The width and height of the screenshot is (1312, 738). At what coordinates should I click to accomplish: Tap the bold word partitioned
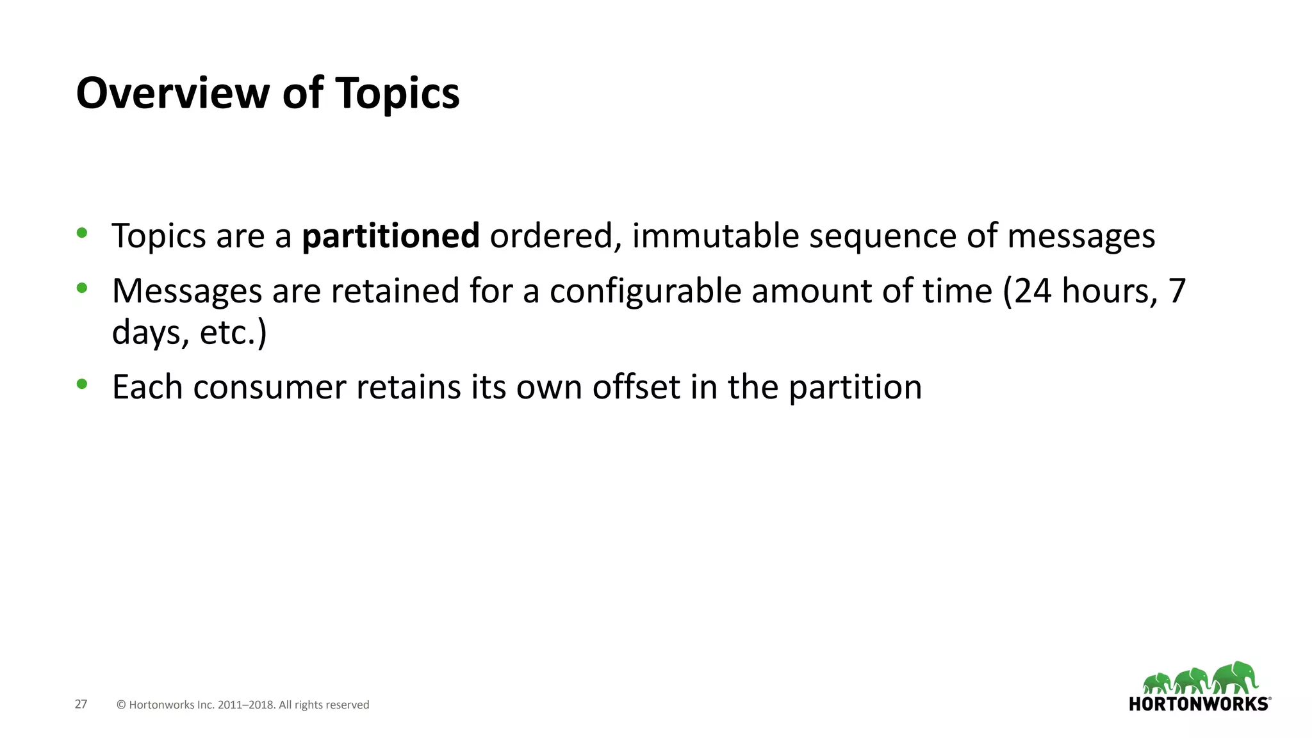391,236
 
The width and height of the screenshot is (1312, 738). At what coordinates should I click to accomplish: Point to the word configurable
645,291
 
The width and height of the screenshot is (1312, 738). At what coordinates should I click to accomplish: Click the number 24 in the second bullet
1033,291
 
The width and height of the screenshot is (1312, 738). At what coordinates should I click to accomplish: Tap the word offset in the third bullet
635,387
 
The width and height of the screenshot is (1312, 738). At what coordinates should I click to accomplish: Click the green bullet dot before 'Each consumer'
82,384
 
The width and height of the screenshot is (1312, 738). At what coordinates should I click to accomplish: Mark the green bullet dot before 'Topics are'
82,233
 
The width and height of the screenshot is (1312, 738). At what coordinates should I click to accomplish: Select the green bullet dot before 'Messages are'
82,288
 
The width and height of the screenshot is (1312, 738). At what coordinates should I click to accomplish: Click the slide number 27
81,704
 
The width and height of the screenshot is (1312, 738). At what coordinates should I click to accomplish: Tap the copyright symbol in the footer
121,705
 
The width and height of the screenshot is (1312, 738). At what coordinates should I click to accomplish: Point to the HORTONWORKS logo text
1198,704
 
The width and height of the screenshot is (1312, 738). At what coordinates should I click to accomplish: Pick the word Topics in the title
397,94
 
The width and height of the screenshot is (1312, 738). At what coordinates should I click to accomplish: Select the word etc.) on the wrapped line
233,332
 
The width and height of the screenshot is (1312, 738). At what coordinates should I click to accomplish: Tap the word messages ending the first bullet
1081,237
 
